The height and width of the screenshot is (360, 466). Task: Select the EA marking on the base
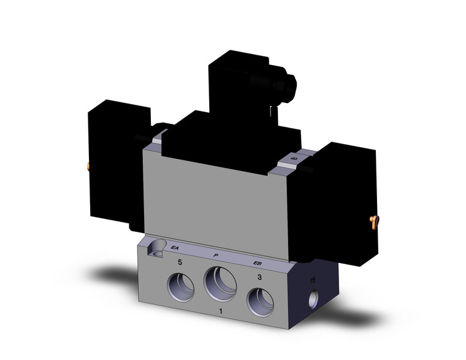(175, 248)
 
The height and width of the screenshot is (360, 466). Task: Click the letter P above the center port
(216, 255)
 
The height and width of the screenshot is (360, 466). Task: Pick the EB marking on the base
(259, 264)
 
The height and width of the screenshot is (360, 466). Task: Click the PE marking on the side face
(313, 280)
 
